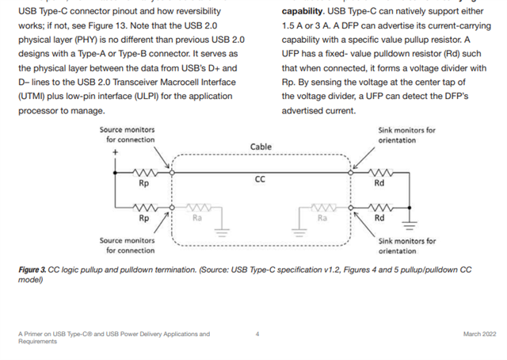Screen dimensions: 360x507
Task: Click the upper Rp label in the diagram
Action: click(x=143, y=182)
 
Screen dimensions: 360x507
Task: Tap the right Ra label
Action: click(x=322, y=216)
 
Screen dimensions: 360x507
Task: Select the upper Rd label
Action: click(x=379, y=182)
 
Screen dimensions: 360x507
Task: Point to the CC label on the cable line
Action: click(x=260, y=179)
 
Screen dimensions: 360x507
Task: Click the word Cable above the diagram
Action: click(x=261, y=147)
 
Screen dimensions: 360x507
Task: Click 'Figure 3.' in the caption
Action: click(x=36, y=270)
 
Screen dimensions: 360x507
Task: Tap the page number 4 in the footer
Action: click(x=257, y=334)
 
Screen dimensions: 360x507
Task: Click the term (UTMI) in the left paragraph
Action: click(x=36, y=96)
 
